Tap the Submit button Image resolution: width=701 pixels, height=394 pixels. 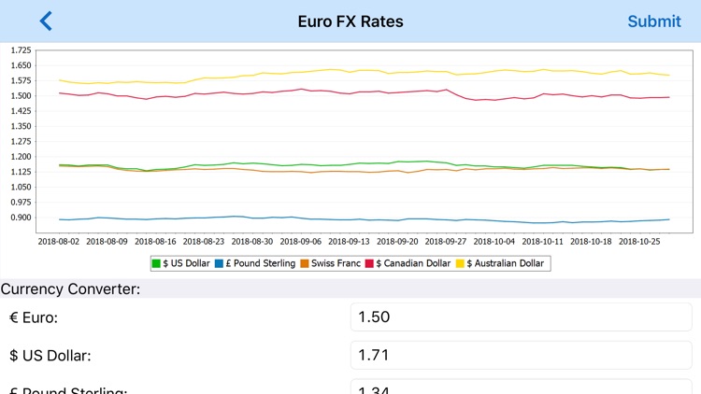pyautogui.click(x=654, y=21)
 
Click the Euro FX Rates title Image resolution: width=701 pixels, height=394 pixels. pyautogui.click(x=350, y=21)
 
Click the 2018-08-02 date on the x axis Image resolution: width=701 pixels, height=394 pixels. pyautogui.click(x=59, y=240)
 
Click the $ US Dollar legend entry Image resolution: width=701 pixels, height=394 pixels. pyautogui.click(x=181, y=263)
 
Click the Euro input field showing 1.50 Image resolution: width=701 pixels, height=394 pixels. pyautogui.click(x=522, y=317)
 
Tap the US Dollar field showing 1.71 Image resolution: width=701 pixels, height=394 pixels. pyautogui.click(x=522, y=356)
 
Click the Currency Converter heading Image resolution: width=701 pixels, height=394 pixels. pyautogui.click(x=70, y=289)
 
